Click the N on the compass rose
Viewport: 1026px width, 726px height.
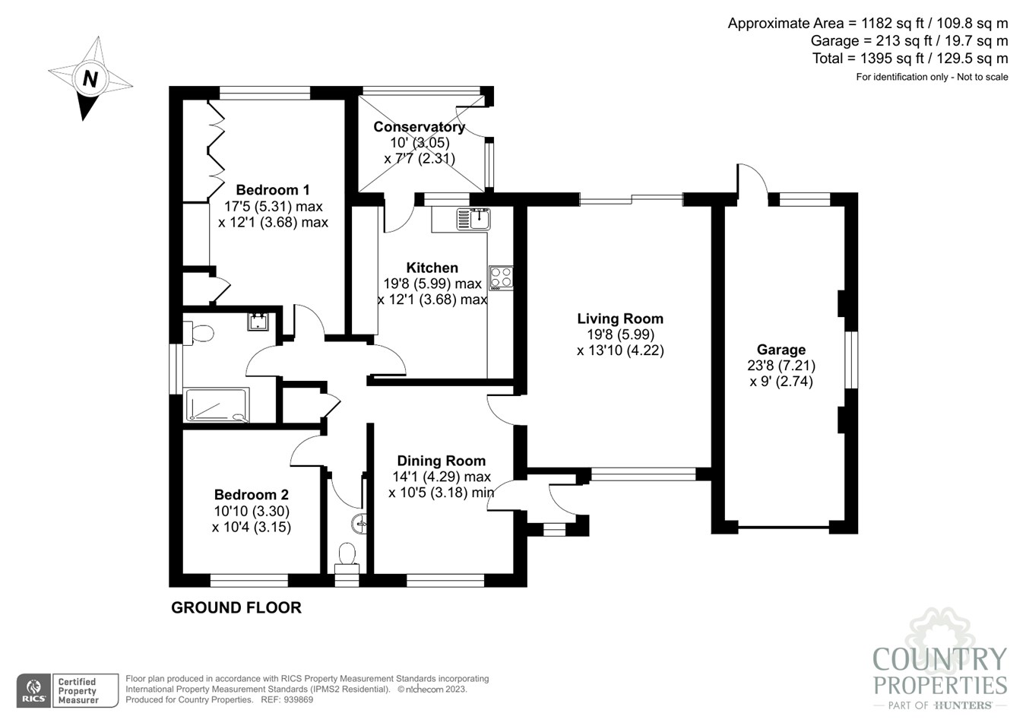click(x=90, y=78)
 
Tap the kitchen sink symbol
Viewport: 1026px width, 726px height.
click(x=473, y=219)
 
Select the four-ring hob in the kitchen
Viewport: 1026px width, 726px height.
click(x=501, y=277)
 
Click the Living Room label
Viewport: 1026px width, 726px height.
click(x=619, y=319)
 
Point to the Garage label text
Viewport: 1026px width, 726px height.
click(x=781, y=350)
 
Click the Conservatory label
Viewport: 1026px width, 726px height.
click(x=419, y=127)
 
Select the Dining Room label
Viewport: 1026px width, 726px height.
click(x=441, y=461)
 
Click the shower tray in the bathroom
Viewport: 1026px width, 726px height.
click(x=217, y=405)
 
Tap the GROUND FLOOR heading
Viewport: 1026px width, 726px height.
click(x=236, y=607)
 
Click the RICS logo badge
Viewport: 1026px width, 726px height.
click(x=33, y=690)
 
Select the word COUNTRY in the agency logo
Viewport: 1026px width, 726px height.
click(x=939, y=659)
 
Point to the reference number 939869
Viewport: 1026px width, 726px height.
click(x=297, y=699)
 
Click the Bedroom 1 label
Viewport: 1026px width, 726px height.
click(x=272, y=190)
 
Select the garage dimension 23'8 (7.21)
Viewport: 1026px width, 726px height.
click(x=781, y=366)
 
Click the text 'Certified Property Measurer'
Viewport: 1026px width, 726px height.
click(x=78, y=690)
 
